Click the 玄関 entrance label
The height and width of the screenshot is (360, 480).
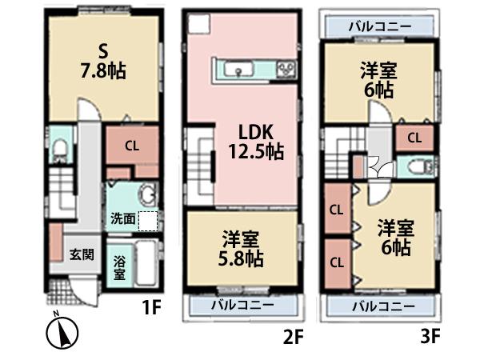[x=82, y=256]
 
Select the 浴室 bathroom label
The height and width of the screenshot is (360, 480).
[x=118, y=267]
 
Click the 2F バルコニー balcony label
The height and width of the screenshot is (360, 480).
[x=242, y=306]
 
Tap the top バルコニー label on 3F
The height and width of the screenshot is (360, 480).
[x=380, y=27]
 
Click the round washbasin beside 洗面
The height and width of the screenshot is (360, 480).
[x=146, y=194]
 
